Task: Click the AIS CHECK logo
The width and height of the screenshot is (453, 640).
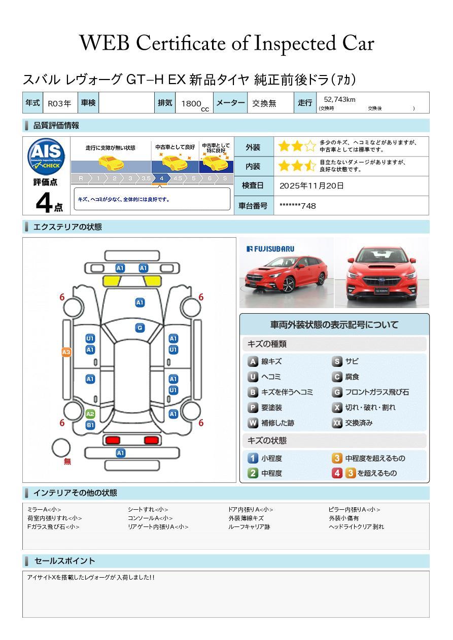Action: coord(46,157)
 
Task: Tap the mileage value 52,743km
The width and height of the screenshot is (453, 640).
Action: coord(339,100)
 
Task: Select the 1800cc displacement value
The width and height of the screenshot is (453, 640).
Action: coord(195,104)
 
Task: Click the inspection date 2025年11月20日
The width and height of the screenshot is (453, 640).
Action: coord(311,186)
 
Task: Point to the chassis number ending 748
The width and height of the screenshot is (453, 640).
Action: coord(297,206)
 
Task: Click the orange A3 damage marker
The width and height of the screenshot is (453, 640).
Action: coord(66,352)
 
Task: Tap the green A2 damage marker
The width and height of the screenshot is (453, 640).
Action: coord(90,414)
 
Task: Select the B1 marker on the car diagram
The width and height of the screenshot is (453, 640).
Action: coord(90,425)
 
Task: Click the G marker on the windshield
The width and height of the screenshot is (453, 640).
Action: coord(140,328)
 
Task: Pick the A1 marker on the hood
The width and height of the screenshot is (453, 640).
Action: coord(140,303)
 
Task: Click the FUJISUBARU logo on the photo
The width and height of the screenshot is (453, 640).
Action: coord(270,249)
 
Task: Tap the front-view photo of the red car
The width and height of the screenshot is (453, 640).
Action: coord(382,273)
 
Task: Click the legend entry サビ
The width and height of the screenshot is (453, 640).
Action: coord(345,361)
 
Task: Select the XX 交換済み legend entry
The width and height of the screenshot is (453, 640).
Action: coord(353,423)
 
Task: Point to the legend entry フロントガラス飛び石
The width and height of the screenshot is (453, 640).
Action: coord(370,392)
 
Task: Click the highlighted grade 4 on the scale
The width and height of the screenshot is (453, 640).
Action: coord(162,178)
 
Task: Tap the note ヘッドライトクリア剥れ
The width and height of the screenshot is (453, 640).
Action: coord(356,526)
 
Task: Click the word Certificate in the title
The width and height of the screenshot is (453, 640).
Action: coord(181,44)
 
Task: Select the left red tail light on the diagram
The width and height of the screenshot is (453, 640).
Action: coord(113,440)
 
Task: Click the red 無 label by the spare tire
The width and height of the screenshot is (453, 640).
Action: coord(67,461)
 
